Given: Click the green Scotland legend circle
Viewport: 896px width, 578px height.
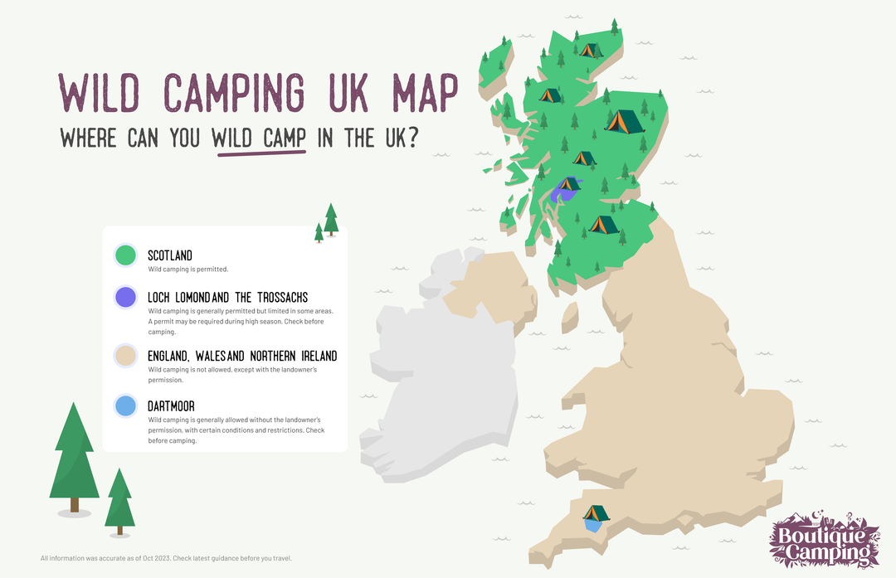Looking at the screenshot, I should pyautogui.click(x=125, y=255).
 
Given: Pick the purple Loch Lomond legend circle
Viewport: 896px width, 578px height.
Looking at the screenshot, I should pyautogui.click(x=125, y=297).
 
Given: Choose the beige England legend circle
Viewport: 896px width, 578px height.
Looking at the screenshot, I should pyautogui.click(x=125, y=356).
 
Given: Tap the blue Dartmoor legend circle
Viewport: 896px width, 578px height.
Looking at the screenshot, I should pyautogui.click(x=125, y=406).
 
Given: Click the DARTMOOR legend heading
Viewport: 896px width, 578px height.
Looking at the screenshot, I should pyautogui.click(x=172, y=406).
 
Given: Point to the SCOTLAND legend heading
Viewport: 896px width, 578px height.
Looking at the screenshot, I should pyautogui.click(x=170, y=255).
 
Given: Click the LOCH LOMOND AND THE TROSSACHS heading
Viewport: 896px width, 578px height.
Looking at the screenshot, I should pyautogui.click(x=228, y=297).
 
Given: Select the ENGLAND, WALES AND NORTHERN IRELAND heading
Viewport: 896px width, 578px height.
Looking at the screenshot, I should pyautogui.click(x=242, y=356).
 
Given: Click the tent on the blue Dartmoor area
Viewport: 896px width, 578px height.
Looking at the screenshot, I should pyautogui.click(x=595, y=513).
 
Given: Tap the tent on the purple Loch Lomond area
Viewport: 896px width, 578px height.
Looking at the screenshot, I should pyautogui.click(x=568, y=183).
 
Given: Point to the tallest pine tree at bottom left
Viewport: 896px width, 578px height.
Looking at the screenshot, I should pyautogui.click(x=75, y=456).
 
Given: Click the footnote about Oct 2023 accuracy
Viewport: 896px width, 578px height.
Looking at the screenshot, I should pyautogui.click(x=166, y=558).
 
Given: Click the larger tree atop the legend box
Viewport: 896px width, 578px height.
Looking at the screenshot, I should pyautogui.click(x=331, y=219).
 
